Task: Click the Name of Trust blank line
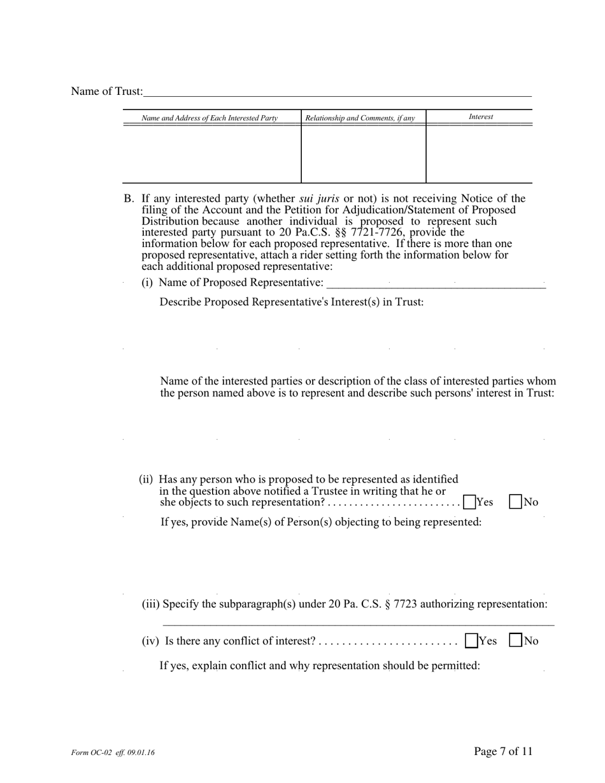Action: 338,92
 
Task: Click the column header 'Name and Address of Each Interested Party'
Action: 210,118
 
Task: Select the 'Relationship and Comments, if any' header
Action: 360,118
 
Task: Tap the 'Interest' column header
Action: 480,117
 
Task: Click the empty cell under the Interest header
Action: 479,154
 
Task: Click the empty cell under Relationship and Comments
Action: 363,154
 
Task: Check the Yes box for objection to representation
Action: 470,502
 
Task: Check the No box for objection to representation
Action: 516,502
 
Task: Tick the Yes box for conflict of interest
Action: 471,641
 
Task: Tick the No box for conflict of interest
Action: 516,641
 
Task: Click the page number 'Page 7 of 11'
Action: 503,752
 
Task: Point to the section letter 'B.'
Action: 129,199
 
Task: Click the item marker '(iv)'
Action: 150,642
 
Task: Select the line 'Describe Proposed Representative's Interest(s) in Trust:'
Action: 291,302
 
